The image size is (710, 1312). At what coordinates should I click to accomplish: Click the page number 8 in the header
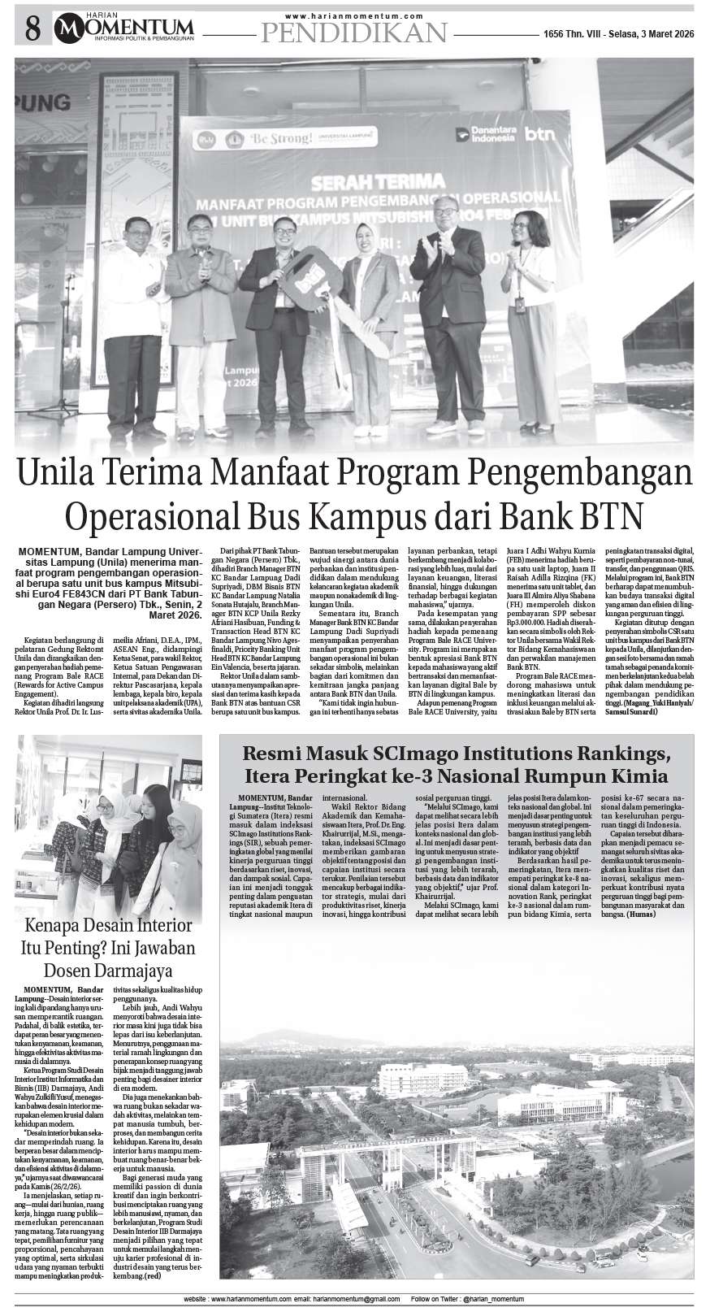pos(32,30)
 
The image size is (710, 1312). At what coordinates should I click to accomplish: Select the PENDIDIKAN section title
pos(354,33)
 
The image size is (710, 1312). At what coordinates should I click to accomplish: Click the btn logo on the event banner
pos(539,134)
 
